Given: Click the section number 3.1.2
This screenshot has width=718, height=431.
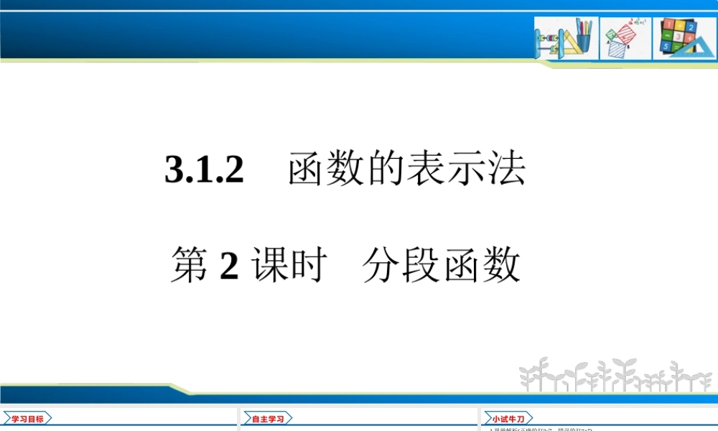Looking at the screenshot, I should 205,171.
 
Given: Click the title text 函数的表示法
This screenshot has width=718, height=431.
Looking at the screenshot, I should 407,171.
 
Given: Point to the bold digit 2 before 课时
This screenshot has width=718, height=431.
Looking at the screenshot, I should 229,267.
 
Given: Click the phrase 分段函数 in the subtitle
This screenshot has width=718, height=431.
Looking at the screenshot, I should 441,265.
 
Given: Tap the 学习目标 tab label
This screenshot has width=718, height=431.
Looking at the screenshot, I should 27,419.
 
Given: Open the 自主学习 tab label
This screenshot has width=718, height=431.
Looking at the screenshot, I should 267,419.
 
